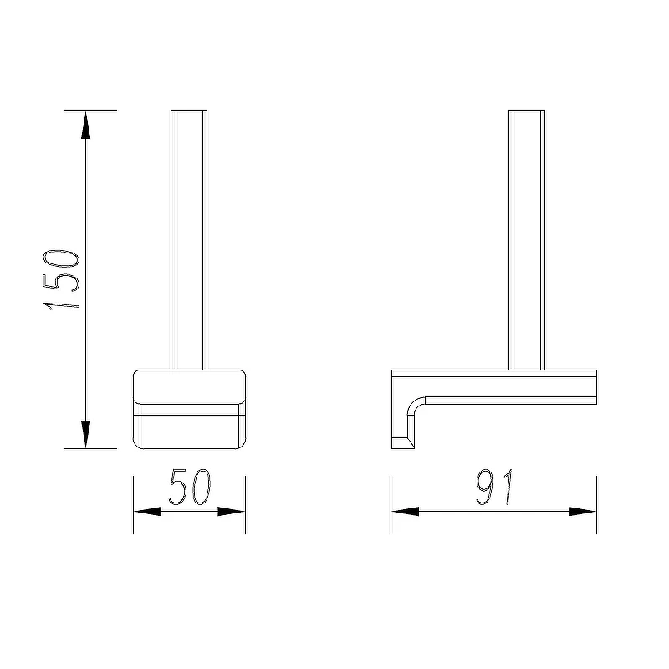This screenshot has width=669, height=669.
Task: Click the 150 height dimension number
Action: (x=61, y=279)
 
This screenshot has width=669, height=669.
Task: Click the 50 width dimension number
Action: (x=190, y=488)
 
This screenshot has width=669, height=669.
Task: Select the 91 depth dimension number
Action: (x=494, y=488)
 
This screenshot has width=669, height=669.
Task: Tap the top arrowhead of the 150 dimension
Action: (x=86, y=125)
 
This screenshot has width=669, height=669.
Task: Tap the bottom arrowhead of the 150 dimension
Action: (x=86, y=434)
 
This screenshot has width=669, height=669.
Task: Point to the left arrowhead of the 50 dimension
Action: (x=148, y=511)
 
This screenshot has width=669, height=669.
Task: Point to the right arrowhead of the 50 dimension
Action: (x=232, y=511)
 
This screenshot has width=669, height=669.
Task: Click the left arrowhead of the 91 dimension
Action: (x=406, y=511)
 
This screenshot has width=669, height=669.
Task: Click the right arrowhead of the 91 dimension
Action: (x=582, y=511)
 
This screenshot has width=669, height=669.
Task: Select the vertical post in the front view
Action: (x=189, y=240)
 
